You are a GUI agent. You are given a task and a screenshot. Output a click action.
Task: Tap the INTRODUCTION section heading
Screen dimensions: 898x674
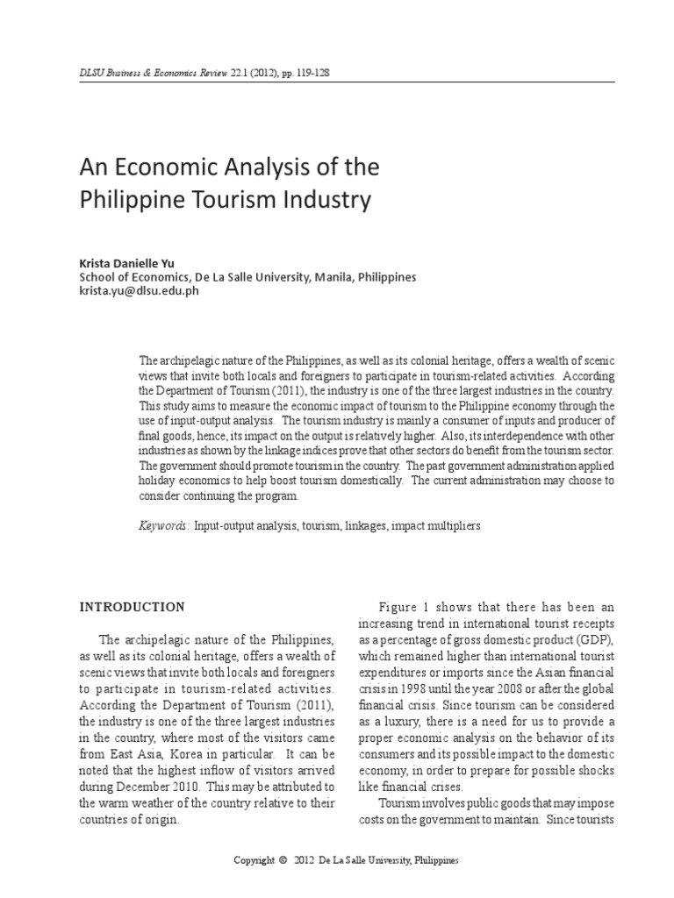click(133, 607)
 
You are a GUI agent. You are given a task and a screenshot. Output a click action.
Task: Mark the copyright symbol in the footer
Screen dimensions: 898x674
click(283, 860)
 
